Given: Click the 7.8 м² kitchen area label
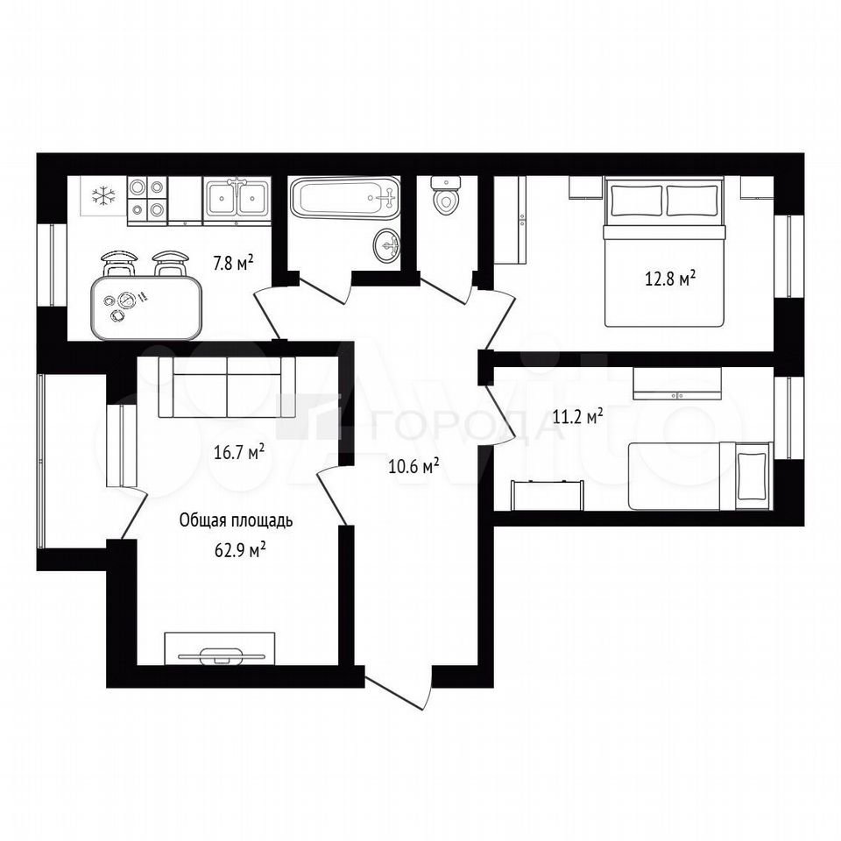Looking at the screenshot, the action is [233, 264].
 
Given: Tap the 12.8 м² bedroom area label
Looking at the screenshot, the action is [670, 279].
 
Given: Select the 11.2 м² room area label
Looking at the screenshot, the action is [578, 416].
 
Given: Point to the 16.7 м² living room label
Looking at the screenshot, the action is [239, 452].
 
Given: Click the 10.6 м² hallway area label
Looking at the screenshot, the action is [413, 467].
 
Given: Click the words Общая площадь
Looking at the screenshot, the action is [236, 520].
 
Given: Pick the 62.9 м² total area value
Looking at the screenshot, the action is [241, 550].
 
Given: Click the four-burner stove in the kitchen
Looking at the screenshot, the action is [147, 199].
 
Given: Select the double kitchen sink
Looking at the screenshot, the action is [237, 199].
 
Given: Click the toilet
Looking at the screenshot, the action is [445, 195].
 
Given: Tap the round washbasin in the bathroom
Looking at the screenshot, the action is [386, 245].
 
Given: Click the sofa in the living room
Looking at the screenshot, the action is [227, 386].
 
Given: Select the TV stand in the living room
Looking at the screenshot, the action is [220, 648].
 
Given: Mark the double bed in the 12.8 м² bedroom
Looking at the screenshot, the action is [665, 251].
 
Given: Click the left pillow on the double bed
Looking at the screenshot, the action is [635, 200].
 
